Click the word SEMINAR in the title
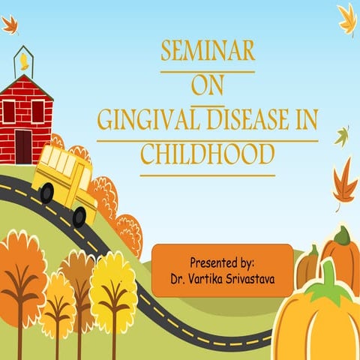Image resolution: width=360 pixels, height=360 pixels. tap(208, 52)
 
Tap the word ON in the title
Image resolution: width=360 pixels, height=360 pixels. tap(208, 85)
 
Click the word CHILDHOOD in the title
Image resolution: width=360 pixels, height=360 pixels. tap(207, 154)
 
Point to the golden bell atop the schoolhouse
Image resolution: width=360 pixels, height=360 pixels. tap(25, 58)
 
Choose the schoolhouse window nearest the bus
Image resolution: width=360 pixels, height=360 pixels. tap(37, 110)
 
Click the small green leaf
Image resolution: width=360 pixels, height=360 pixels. tap(342, 136)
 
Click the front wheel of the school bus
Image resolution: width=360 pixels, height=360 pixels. tap(79, 217)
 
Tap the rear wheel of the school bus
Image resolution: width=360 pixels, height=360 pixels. tap(46, 193)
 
